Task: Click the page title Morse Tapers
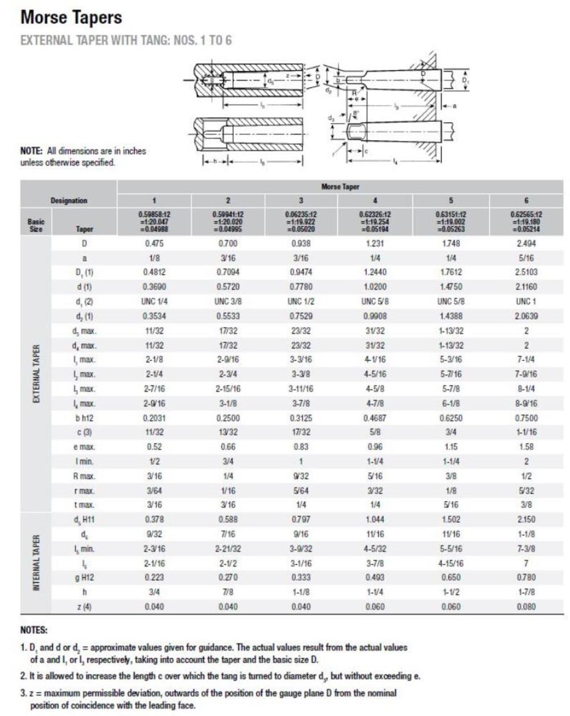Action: (x=71, y=18)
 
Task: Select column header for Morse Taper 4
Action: (x=374, y=201)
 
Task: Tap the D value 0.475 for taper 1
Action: (x=154, y=243)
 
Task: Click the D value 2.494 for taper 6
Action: (x=526, y=243)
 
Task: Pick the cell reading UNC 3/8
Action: (x=227, y=302)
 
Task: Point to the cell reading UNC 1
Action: (x=526, y=302)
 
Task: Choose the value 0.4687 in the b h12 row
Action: (x=374, y=418)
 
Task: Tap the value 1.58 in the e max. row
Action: (x=526, y=447)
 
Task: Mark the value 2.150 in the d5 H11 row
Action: (x=526, y=519)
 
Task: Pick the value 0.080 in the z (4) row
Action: (x=526, y=607)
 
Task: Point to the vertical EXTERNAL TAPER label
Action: (x=35, y=373)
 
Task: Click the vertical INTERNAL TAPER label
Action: (x=35, y=563)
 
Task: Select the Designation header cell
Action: (x=69, y=201)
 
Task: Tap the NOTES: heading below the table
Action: (x=34, y=631)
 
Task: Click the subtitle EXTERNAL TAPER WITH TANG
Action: (x=125, y=41)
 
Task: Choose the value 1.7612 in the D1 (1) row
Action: (x=450, y=272)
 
